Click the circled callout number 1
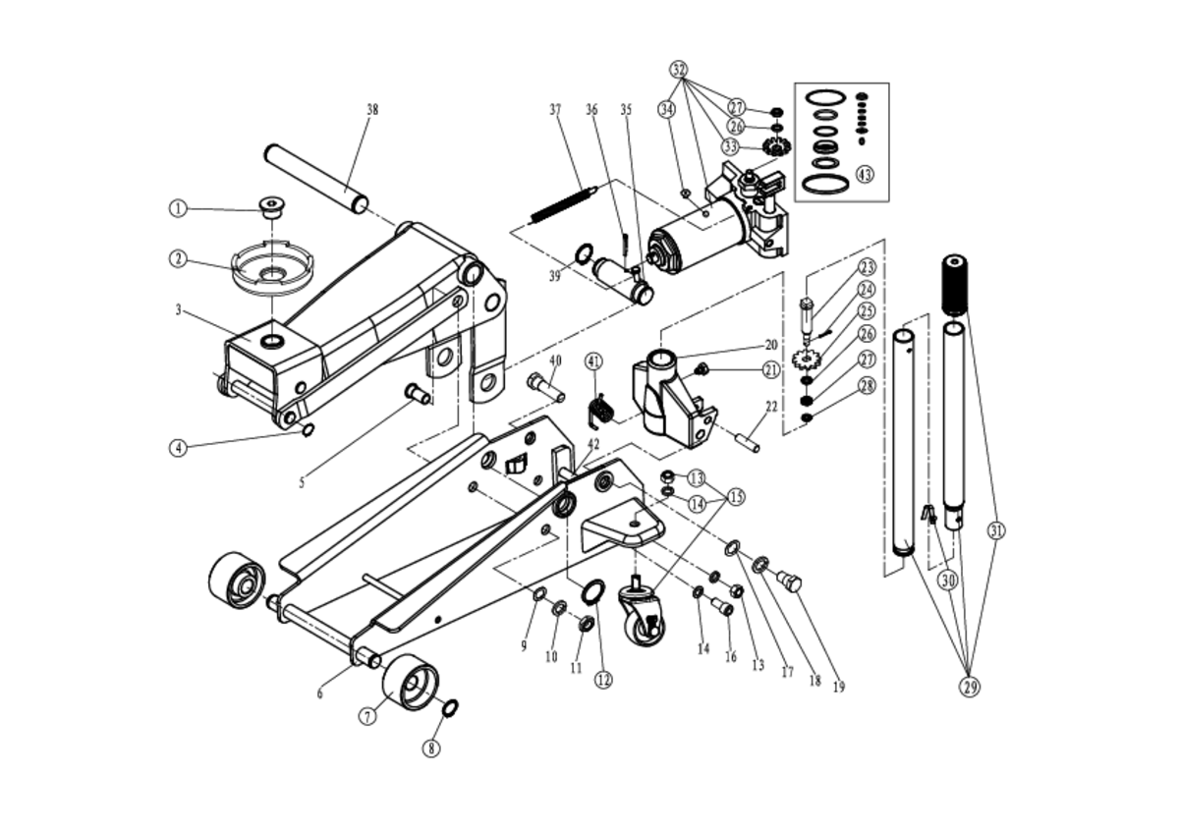click(x=178, y=208)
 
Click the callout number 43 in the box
click(x=864, y=175)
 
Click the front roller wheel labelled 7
click(x=410, y=681)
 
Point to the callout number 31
click(x=996, y=532)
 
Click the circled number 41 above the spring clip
click(x=593, y=361)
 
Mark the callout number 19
click(x=839, y=687)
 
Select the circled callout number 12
click(x=603, y=679)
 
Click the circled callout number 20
click(x=771, y=345)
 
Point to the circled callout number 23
click(x=867, y=267)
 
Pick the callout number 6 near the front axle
click(x=320, y=693)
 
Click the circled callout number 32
click(x=679, y=70)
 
